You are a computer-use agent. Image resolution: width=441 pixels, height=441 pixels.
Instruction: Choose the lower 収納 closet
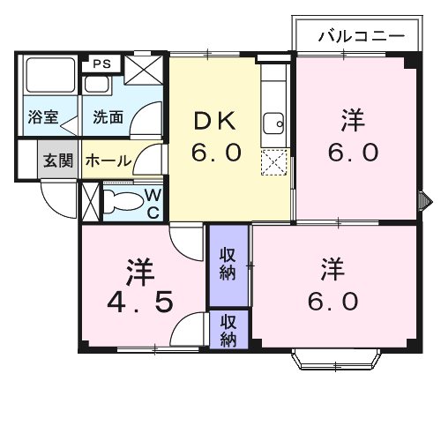click(x=228, y=329)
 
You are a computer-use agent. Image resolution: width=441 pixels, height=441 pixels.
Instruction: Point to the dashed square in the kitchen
click(x=274, y=161)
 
